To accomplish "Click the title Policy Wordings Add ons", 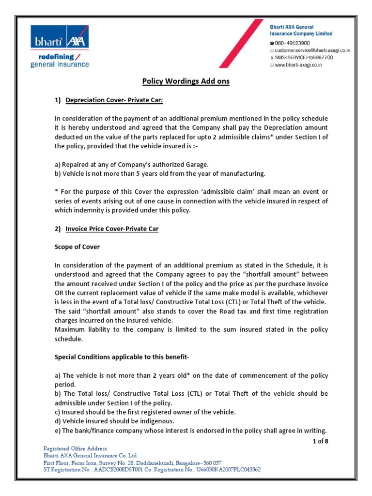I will pos(186,81).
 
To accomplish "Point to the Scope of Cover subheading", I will pos(77,247).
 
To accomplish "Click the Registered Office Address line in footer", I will pos(76,449).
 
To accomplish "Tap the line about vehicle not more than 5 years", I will pos(160,173).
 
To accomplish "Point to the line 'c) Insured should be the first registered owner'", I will pos(145,412).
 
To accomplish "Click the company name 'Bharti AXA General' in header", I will pos(292,27).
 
